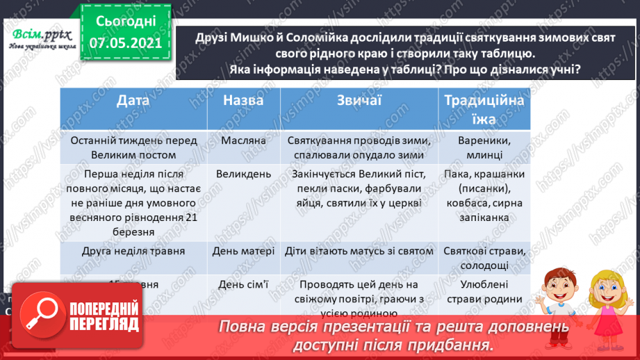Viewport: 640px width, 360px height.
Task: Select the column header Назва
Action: click(x=243, y=101)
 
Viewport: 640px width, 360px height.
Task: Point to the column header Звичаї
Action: click(x=359, y=101)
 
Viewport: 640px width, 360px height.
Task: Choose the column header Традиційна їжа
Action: click(x=484, y=110)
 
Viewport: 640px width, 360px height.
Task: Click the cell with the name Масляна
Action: click(x=243, y=140)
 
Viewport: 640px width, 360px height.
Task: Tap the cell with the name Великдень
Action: click(x=243, y=174)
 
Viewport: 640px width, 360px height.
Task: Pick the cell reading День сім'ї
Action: click(x=243, y=284)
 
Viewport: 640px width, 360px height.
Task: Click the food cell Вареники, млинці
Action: click(x=484, y=147)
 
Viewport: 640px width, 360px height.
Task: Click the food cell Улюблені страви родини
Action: click(x=484, y=291)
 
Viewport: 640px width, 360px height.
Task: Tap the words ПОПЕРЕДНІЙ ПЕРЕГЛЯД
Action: click(x=105, y=316)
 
